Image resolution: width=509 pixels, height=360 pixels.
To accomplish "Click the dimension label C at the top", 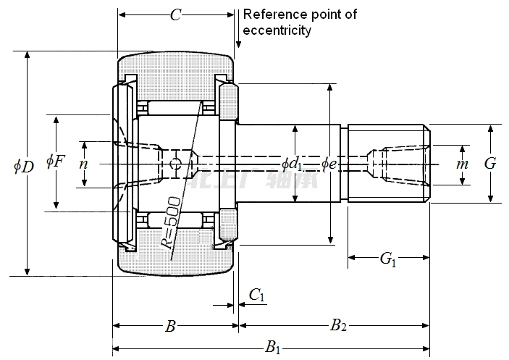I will point(174,14).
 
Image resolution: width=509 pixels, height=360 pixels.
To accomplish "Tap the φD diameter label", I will point(23,166).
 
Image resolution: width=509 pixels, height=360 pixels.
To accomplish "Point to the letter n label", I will point(83,164).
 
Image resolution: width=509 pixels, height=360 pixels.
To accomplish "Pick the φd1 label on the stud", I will point(293,164).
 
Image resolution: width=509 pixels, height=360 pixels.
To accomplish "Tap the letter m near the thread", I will point(462,164).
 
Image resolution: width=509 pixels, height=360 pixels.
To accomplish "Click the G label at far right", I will point(490,164).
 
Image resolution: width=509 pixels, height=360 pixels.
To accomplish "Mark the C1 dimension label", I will point(257,294).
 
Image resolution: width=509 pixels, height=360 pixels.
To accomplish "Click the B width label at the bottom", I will point(170,327).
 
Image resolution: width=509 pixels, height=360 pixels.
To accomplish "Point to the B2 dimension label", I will point(338,325).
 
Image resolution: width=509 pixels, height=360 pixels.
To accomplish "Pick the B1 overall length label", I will point(273,348).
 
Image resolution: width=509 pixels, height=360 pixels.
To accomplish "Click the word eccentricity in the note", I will point(277,30).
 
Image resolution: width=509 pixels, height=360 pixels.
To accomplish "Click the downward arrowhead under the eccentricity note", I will point(239,46).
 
